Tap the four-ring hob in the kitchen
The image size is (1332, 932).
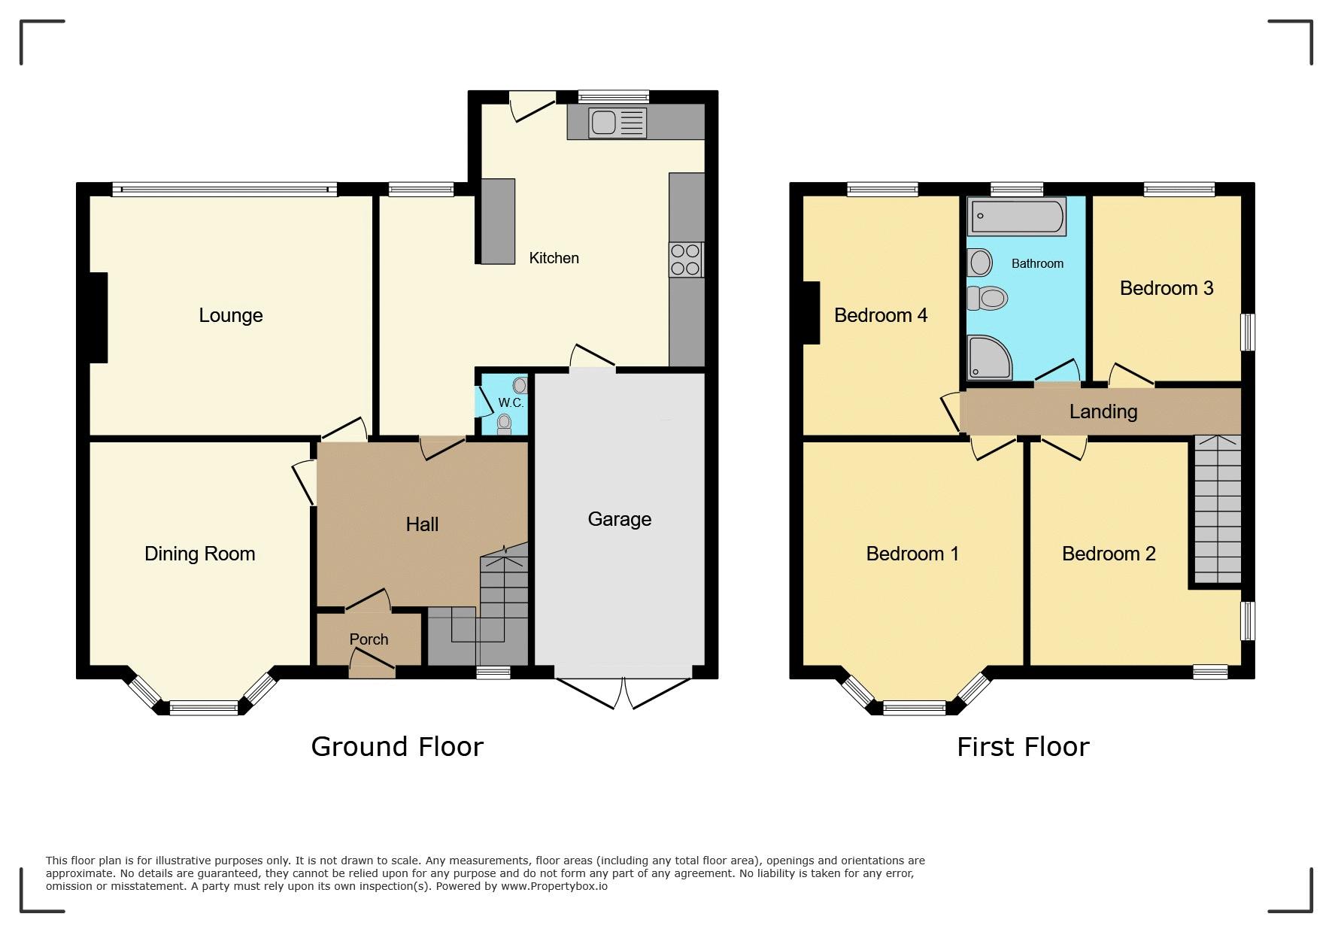(686, 260)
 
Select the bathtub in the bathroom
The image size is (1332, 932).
(1017, 217)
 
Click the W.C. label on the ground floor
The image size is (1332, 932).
(511, 403)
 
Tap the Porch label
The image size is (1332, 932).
(369, 639)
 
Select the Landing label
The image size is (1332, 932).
(1103, 411)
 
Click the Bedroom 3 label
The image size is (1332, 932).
(1167, 288)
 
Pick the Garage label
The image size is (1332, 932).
(620, 519)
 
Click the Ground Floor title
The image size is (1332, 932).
(397, 746)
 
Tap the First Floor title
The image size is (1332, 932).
(1023, 747)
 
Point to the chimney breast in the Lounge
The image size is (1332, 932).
(99, 317)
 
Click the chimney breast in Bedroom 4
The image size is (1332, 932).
(811, 312)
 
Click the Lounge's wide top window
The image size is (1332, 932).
(225, 190)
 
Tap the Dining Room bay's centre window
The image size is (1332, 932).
(204, 707)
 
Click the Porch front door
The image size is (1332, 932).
(372, 665)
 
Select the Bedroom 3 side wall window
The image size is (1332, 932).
(1248, 332)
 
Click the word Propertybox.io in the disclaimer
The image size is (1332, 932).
(554, 886)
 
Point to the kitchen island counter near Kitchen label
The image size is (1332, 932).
(498, 221)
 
